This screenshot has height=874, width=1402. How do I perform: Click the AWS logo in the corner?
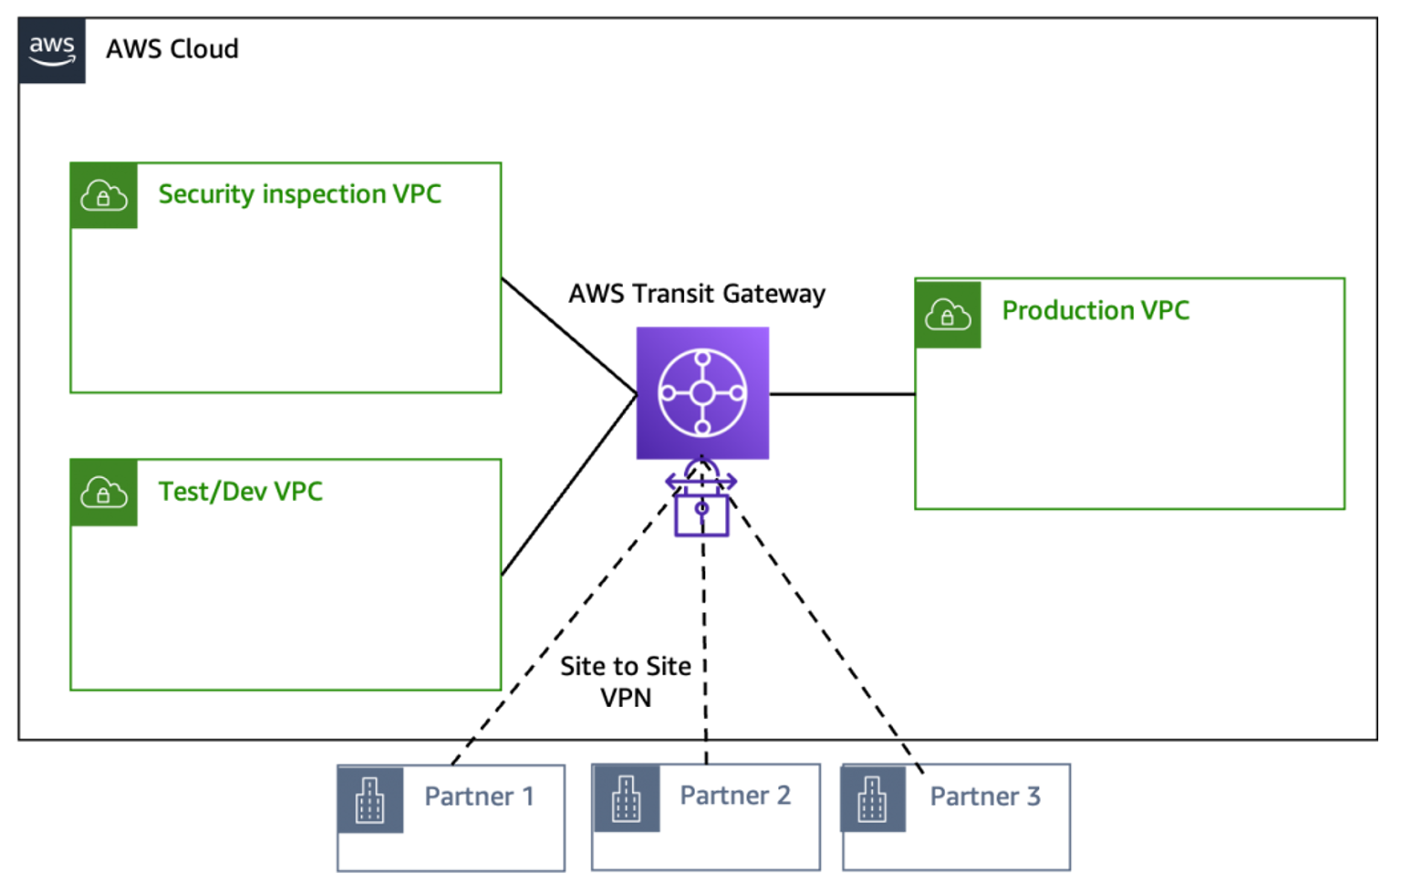pyautogui.click(x=52, y=50)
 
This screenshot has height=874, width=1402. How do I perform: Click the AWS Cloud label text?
pyautogui.click(x=172, y=49)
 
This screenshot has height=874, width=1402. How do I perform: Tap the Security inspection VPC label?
pyautogui.click(x=299, y=194)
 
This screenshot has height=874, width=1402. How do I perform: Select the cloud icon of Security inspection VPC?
pyautogui.click(x=104, y=196)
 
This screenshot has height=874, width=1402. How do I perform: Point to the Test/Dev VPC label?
pyautogui.click(x=241, y=492)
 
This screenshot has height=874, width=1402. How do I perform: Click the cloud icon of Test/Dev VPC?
pyautogui.click(x=104, y=494)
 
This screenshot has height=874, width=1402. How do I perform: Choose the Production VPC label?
pyautogui.click(x=1096, y=311)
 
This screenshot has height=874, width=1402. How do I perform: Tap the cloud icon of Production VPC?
pyautogui.click(x=948, y=315)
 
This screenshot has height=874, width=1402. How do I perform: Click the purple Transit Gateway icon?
pyautogui.click(x=702, y=393)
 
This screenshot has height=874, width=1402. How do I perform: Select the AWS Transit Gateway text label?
pyautogui.click(x=697, y=294)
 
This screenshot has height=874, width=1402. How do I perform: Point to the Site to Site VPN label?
pyautogui.click(x=626, y=682)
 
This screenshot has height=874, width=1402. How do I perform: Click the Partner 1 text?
pyautogui.click(x=479, y=796)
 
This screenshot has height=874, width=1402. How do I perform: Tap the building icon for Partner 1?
pyautogui.click(x=370, y=800)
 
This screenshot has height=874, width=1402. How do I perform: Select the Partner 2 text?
pyautogui.click(x=735, y=796)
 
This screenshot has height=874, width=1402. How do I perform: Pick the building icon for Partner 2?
pyautogui.click(x=627, y=799)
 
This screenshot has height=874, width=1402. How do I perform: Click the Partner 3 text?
pyautogui.click(x=985, y=796)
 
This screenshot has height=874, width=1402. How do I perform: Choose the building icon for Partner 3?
pyautogui.click(x=873, y=799)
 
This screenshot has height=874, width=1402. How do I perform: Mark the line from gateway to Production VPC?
pyautogui.click(x=841, y=394)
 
